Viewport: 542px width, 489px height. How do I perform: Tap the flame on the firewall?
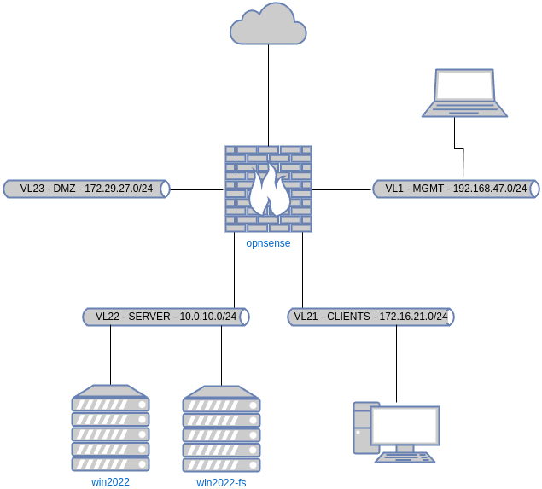[x=269, y=192]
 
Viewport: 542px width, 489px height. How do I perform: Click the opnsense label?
[x=268, y=243]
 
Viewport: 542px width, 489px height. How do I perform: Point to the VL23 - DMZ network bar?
[x=86, y=189]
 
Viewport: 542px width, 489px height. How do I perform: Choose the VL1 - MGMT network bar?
[x=456, y=189]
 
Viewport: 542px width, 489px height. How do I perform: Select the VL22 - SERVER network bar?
[x=166, y=317]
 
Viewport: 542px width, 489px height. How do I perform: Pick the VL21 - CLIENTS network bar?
[x=370, y=317]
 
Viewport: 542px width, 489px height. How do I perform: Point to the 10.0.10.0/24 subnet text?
[x=208, y=317]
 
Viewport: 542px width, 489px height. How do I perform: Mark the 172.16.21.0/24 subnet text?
[x=413, y=317]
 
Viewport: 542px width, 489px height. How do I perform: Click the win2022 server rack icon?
[x=111, y=428]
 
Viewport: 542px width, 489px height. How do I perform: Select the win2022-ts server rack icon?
[x=222, y=428]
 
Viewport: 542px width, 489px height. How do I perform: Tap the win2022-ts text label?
[x=221, y=483]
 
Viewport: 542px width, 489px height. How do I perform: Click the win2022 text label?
[x=110, y=482]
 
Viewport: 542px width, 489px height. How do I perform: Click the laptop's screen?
[x=464, y=86]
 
